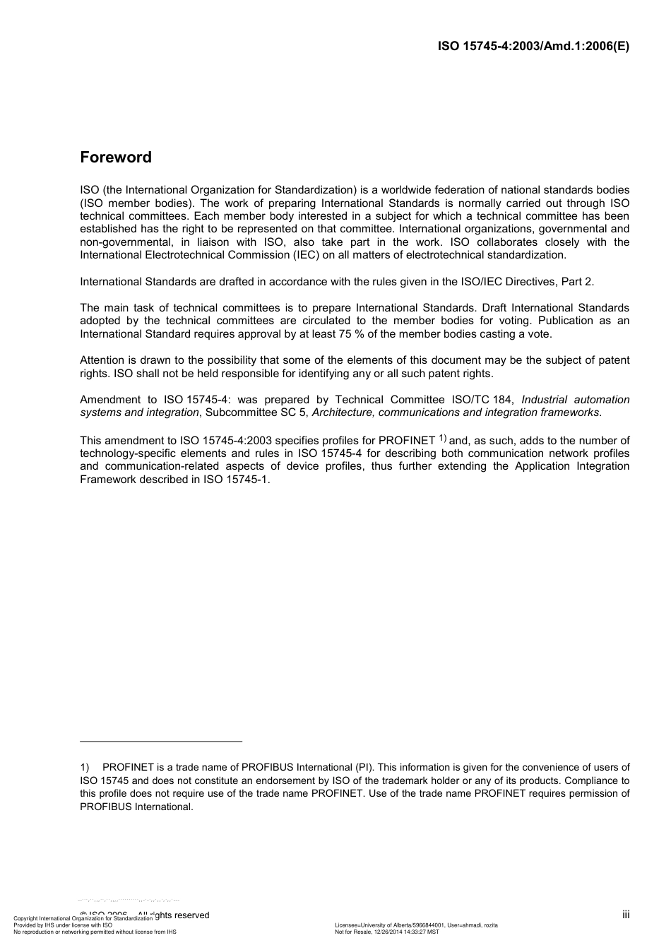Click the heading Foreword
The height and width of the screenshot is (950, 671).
[x=116, y=158]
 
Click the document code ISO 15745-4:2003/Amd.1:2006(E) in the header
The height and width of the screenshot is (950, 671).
[x=533, y=47]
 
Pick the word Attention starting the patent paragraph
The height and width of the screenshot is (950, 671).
[x=102, y=360]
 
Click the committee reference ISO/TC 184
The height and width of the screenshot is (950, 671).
[x=482, y=400]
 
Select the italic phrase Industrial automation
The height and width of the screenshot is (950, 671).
[x=575, y=400]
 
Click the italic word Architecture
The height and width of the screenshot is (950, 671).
[x=343, y=412]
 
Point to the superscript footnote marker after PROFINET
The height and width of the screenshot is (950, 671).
[x=443, y=438]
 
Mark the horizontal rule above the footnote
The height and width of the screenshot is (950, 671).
[x=161, y=741]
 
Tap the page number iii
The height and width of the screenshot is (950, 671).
[x=626, y=915]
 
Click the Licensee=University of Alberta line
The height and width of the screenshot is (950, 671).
[x=416, y=925]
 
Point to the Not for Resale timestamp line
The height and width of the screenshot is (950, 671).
[x=386, y=932]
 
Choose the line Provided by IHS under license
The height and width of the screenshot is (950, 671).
[x=63, y=925]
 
